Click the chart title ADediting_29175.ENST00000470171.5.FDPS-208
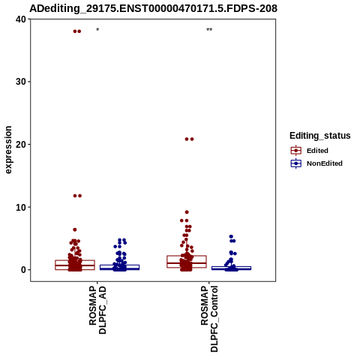153,8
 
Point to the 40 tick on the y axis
21,19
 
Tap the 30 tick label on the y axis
21,82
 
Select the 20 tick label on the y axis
21,145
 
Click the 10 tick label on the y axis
21,207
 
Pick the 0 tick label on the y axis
23,270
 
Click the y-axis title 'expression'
8,150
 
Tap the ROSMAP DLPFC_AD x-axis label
97,310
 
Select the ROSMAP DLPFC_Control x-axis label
209,319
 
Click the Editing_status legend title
320,136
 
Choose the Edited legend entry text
317,151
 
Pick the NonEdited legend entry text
325,163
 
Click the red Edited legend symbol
296,151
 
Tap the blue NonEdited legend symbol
296,163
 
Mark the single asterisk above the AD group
97,30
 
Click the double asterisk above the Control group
209,30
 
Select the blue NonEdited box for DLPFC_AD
119,267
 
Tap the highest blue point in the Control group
231,236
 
